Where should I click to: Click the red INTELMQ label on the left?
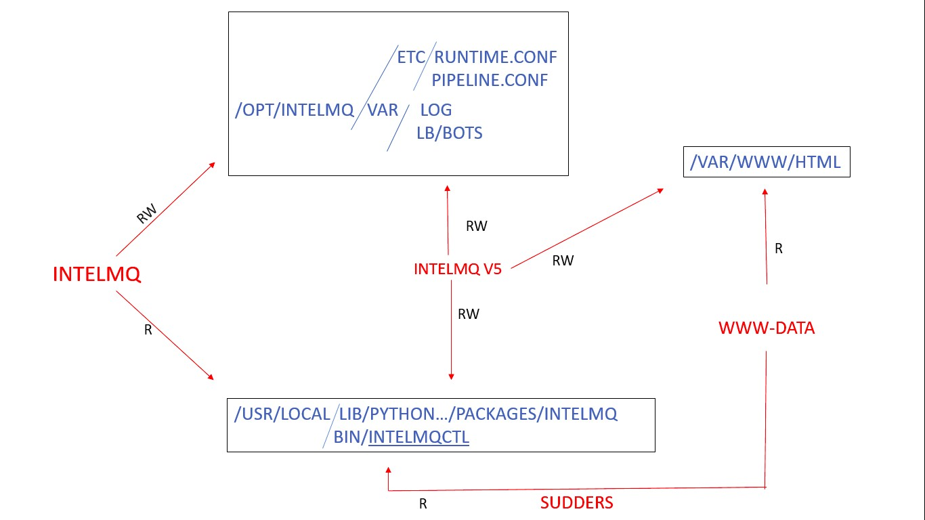pyautogui.click(x=97, y=274)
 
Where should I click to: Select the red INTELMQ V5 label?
pyautogui.click(x=458, y=269)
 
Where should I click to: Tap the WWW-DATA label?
pyautogui.click(x=767, y=328)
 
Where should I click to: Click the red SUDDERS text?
pyautogui.click(x=577, y=503)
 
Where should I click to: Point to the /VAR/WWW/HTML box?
pyautogui.click(x=767, y=162)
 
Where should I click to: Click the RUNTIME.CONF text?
pyautogui.click(x=496, y=57)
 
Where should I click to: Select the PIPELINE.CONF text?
pyautogui.click(x=490, y=80)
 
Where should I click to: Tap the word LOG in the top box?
pyautogui.click(x=436, y=110)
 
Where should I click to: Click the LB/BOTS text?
pyautogui.click(x=450, y=133)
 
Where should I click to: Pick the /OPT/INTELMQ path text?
pyautogui.click(x=295, y=110)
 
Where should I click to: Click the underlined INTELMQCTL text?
pyautogui.click(x=418, y=437)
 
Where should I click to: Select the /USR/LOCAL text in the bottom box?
pyautogui.click(x=282, y=414)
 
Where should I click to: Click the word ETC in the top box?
pyautogui.click(x=410, y=57)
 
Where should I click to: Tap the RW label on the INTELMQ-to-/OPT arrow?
pyautogui.click(x=147, y=214)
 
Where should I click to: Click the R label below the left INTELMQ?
pyautogui.click(x=148, y=330)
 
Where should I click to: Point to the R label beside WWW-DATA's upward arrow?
pyautogui.click(x=779, y=248)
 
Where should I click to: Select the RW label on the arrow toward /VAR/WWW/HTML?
pyautogui.click(x=563, y=261)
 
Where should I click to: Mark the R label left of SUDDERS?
pyautogui.click(x=423, y=504)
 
